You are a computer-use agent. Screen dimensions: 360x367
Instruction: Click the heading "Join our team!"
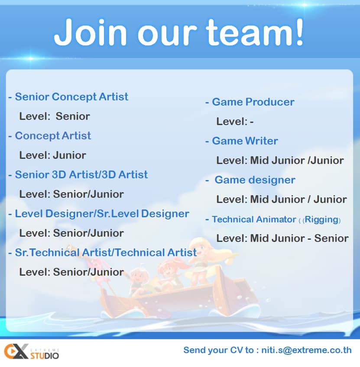coord(179,32)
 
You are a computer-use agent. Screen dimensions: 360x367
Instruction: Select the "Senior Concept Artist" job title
coord(71,97)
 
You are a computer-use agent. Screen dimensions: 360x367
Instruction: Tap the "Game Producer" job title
coord(253,102)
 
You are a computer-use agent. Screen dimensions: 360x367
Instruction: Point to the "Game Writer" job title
coord(245,141)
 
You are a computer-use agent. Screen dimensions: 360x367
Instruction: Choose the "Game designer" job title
coord(255,180)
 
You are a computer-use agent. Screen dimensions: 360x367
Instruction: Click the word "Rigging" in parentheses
coord(322,219)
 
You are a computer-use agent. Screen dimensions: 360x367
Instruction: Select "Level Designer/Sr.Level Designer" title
coord(102,214)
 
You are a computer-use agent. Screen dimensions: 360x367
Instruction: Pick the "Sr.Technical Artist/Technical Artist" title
coord(106,253)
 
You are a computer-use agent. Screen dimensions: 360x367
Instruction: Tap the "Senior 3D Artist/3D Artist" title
coord(81,174)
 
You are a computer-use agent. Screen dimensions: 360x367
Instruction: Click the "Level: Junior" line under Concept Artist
coord(53,155)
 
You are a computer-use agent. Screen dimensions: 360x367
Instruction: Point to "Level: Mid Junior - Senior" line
coord(282,238)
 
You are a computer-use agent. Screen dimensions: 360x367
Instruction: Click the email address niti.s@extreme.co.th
coord(306,350)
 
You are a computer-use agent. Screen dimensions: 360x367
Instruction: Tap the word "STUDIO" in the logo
coord(45,356)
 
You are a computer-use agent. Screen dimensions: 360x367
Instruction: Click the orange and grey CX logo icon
coord(16,351)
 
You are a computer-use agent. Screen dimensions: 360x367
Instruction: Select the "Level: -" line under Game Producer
coord(235,122)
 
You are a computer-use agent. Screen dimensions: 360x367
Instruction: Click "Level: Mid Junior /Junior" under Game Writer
coord(280,161)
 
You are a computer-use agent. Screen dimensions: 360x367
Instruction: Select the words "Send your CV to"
coord(218,350)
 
